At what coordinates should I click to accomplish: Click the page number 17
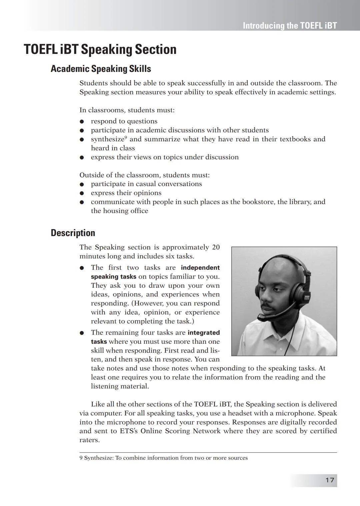point(329,480)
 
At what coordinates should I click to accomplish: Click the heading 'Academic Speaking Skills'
point(101,69)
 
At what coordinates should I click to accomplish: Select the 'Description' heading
point(73,233)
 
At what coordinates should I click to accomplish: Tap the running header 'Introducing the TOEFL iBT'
point(290,26)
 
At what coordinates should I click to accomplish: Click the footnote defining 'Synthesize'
point(163,458)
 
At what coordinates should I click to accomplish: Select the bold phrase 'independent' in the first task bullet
point(200,268)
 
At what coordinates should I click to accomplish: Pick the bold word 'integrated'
point(203,333)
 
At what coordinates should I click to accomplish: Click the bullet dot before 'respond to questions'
point(82,122)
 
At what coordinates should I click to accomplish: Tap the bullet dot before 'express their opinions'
point(82,193)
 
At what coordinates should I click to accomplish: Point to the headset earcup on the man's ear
point(297,296)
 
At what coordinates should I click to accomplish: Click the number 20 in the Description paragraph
point(216,247)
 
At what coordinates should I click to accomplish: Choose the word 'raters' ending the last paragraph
point(89,440)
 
